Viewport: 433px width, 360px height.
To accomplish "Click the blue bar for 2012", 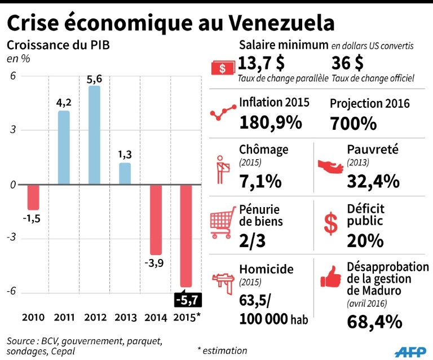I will tap(94, 135).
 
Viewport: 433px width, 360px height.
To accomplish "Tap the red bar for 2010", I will tap(33, 196).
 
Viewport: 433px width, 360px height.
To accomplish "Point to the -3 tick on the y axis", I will tap(12, 239).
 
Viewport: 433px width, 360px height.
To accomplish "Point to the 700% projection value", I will tap(353, 122).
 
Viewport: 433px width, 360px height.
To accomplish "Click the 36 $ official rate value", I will tap(348, 62).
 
